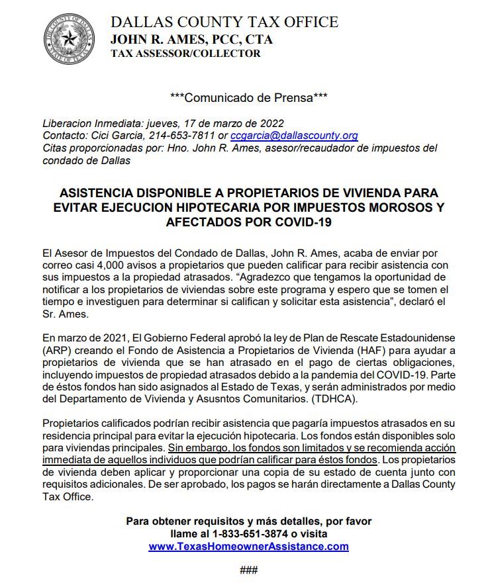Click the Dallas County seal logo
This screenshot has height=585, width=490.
click(x=69, y=39)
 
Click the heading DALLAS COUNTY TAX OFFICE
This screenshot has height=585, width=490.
click(x=224, y=22)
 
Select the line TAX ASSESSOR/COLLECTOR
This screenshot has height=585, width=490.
click(x=185, y=54)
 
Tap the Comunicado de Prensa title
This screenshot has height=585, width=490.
click(x=248, y=97)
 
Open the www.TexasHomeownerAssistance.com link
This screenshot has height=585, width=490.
click(x=248, y=547)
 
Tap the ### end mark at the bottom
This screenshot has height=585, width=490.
click(x=248, y=570)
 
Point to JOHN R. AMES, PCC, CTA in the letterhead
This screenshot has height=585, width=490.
click(x=191, y=39)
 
